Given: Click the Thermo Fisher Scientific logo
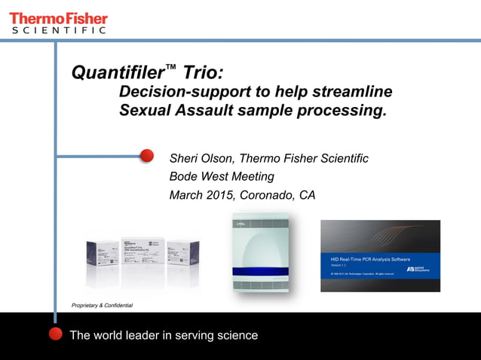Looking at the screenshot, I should [58, 22].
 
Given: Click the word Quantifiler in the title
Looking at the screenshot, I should [117, 73].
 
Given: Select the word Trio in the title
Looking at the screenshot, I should [201, 73].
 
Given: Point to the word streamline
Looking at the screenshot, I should [351, 93].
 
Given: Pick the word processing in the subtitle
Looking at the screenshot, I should [337, 111].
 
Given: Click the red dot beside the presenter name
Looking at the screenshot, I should [147, 156].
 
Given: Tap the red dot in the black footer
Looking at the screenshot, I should [55, 334].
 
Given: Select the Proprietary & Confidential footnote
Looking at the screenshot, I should [102, 305].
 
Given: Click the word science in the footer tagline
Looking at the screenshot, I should [236, 335].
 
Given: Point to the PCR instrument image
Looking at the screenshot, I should [260, 253].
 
